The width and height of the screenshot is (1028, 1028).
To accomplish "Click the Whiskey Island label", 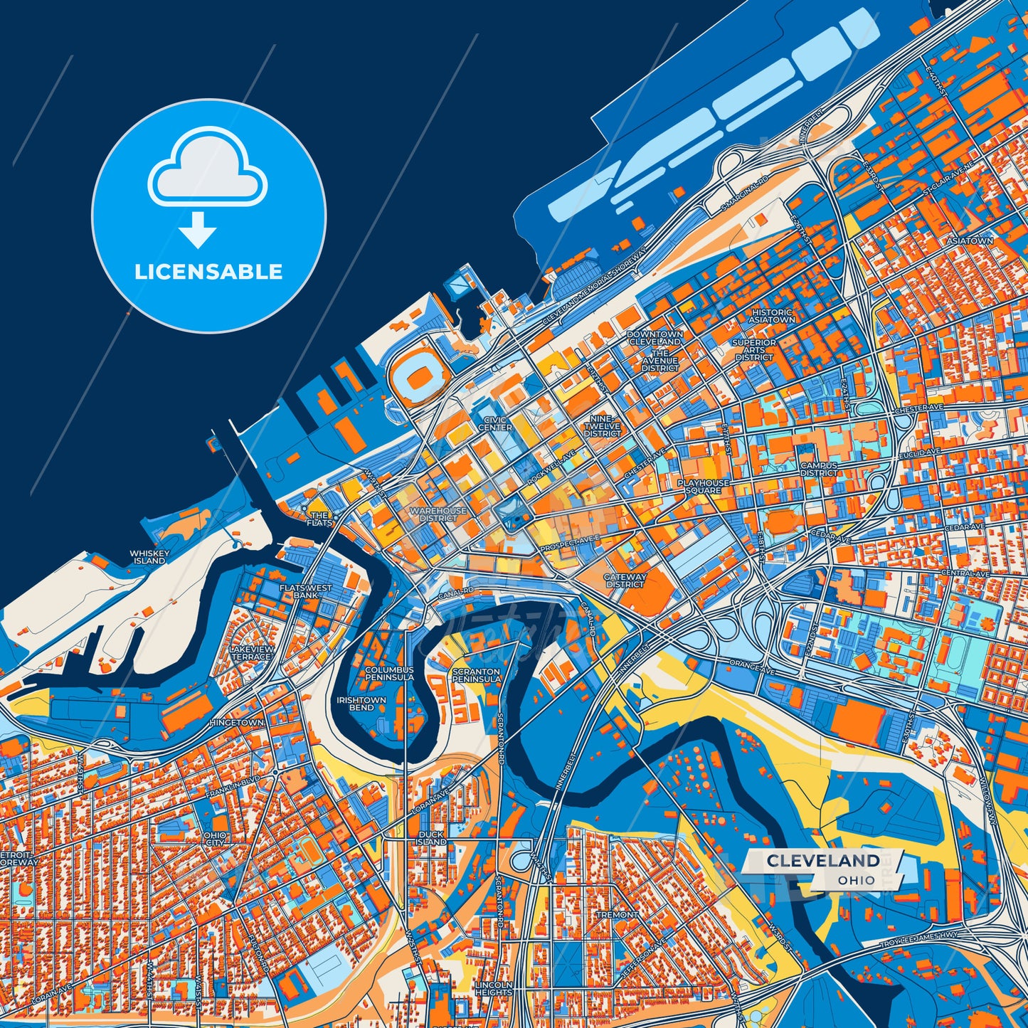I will point(149,557).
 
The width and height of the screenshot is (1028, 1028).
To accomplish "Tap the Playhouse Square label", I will point(703,486).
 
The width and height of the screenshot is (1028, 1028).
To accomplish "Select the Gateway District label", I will point(625,581).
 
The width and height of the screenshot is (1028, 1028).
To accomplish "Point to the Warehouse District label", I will point(438,514).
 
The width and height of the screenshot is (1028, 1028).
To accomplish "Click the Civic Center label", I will point(494,424).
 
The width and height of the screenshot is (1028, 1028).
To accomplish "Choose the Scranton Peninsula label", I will point(476,675).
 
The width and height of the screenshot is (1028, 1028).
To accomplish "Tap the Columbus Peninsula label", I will point(389,674).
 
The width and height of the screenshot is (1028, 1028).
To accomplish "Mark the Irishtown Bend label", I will point(361,704).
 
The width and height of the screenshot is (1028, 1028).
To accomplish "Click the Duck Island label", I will point(430,837).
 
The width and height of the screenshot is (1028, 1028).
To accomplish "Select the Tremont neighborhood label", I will point(617,915).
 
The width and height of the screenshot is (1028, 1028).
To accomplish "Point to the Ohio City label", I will point(215,839).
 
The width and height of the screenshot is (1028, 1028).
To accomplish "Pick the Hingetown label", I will point(237,723).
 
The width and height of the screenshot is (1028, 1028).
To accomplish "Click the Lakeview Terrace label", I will point(251,653).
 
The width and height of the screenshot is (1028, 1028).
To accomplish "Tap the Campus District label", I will point(819,470).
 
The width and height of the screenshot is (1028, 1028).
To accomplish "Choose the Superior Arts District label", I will point(753,350).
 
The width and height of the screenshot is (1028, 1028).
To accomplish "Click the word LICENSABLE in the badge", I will point(208,272).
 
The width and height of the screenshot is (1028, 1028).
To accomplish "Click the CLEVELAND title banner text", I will point(822,861).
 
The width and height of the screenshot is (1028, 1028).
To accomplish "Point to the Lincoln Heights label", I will point(493,989).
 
